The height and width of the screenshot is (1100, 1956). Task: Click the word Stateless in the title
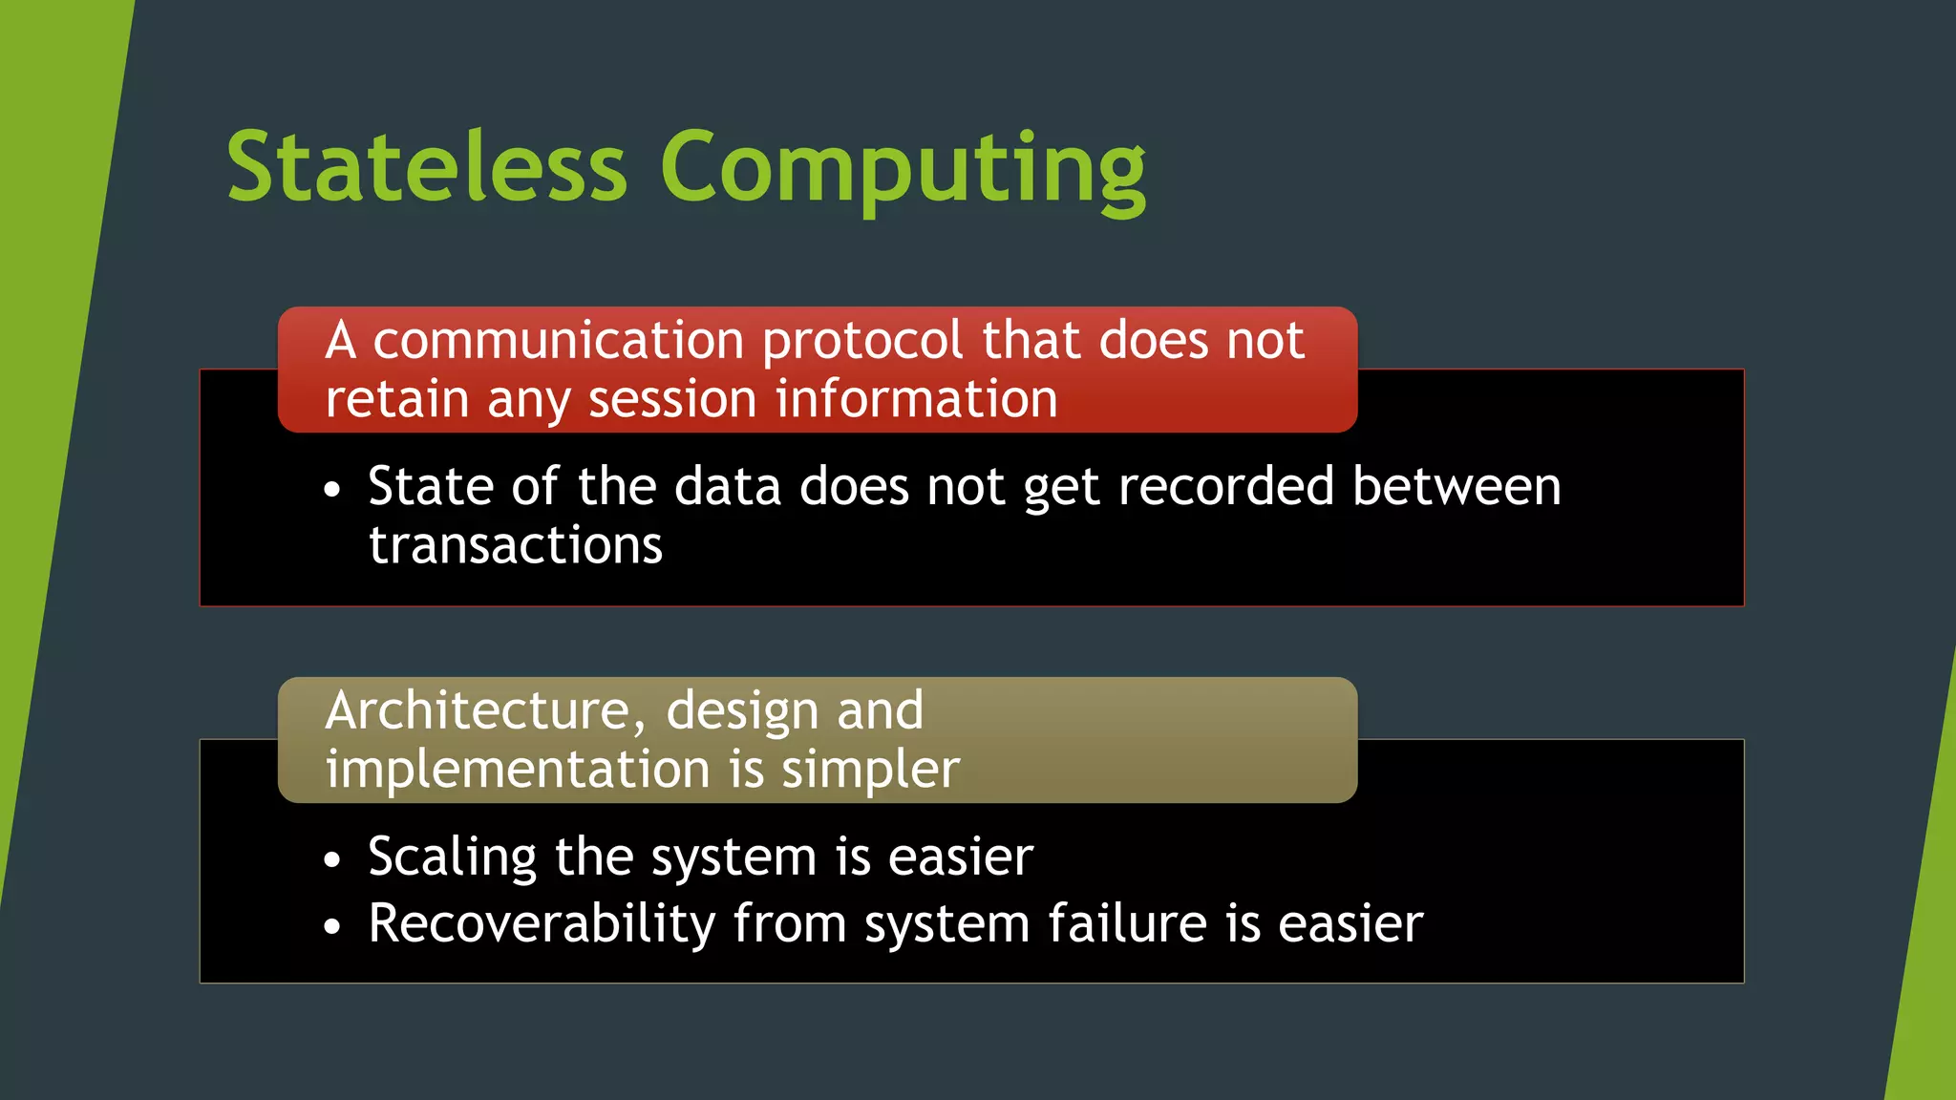(x=427, y=167)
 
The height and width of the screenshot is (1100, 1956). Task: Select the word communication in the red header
(x=558, y=341)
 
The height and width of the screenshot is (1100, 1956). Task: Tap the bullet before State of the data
(x=331, y=490)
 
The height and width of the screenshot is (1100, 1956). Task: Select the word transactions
(x=516, y=545)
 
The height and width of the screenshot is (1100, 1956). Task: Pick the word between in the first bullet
(x=1456, y=486)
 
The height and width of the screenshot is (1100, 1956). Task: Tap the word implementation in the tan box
(x=518, y=770)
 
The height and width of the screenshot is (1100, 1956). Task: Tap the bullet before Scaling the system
(x=331, y=859)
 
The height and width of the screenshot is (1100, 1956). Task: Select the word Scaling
(x=452, y=857)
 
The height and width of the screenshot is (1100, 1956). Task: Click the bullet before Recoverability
(x=331, y=926)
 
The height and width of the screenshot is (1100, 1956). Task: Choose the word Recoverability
(x=542, y=924)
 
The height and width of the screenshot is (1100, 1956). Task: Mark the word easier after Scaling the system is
(x=960, y=857)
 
